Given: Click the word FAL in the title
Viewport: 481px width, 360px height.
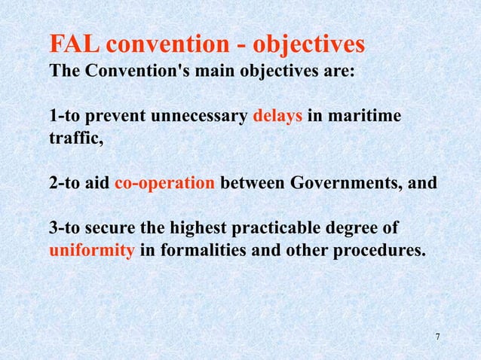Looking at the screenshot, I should pos(74,45).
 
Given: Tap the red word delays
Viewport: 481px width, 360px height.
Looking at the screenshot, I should pos(277,117).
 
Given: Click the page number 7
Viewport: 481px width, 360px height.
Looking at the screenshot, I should pos(438,335).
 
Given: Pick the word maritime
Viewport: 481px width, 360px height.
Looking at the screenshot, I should pos(366,117).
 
